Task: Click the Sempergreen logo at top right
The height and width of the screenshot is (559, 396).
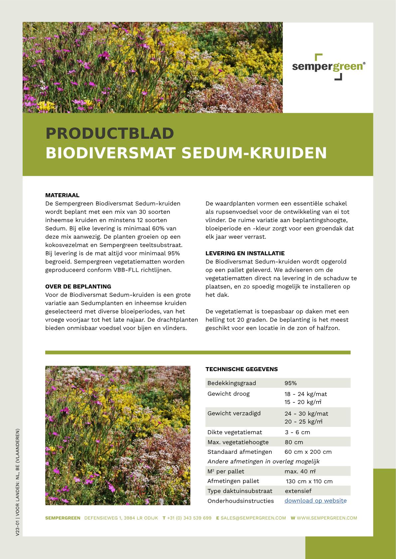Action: tap(329, 67)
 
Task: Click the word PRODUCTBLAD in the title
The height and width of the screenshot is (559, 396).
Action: tap(110, 133)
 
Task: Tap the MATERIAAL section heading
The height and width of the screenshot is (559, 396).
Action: tap(62, 195)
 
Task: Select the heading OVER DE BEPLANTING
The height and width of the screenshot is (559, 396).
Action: tap(78, 286)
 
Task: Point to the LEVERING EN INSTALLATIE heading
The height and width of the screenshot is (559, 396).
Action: tap(245, 253)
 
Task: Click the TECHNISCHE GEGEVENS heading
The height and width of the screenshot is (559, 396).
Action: tap(241, 369)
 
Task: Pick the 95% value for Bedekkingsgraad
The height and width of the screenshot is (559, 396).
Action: tap(291, 383)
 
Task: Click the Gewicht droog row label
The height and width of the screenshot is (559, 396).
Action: tap(228, 394)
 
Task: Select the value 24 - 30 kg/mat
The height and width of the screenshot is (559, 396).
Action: tap(306, 414)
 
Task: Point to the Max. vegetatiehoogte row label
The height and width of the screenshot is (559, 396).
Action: tap(238, 442)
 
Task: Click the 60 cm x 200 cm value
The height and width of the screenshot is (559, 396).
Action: tap(308, 452)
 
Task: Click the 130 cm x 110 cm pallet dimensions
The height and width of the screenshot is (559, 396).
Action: tap(309, 481)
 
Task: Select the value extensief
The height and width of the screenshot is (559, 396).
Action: tap(298, 491)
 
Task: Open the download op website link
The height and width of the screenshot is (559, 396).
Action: tap(315, 501)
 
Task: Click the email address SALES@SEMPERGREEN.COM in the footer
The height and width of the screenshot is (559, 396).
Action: tap(253, 518)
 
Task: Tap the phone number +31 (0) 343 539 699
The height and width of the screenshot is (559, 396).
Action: tap(189, 518)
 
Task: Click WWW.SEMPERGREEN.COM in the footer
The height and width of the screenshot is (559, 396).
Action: tap(327, 518)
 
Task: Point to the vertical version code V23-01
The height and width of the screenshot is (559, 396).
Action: tap(17, 528)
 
